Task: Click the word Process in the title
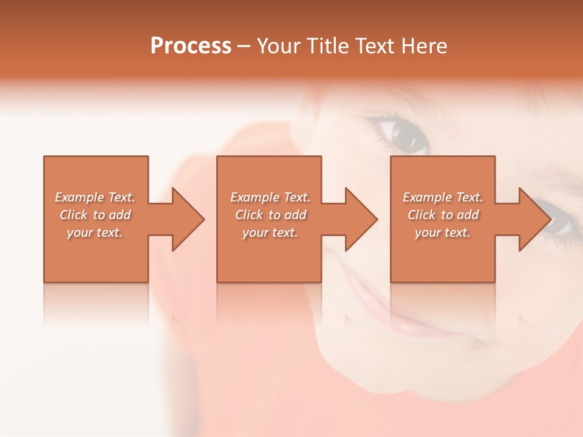[191, 46]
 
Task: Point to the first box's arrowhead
[185, 219]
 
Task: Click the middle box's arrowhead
[358, 219]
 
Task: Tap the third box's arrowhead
[532, 219]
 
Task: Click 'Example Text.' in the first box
[95, 197]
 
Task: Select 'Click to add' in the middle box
[270, 215]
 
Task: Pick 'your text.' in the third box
[443, 232]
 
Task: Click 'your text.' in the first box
[95, 232]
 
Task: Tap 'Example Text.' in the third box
[443, 197]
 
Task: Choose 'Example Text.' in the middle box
[270, 197]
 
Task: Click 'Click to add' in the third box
[443, 215]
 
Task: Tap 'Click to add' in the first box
[95, 215]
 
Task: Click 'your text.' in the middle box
[270, 232]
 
